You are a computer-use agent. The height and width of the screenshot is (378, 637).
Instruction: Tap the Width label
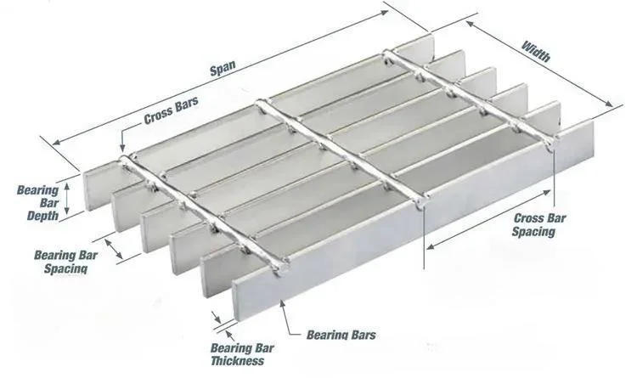[x=535, y=54]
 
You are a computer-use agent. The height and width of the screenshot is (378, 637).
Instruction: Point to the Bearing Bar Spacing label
[x=61, y=261]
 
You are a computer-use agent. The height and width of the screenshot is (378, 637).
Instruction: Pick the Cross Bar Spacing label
[x=539, y=225]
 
